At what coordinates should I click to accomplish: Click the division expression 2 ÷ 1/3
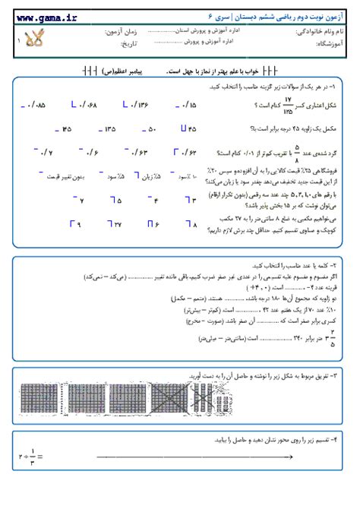[26, 456]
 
